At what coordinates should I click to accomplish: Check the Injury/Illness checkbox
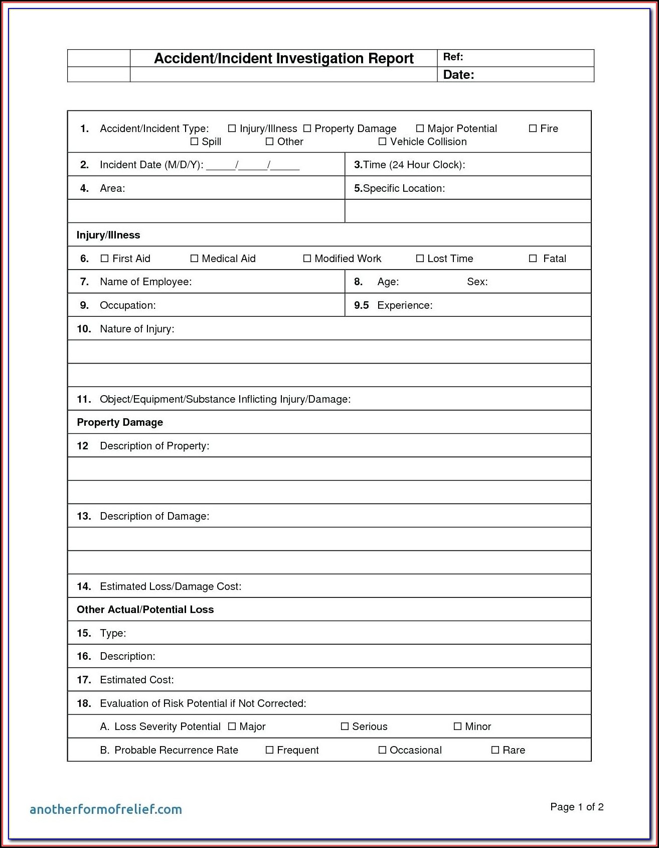[232, 129]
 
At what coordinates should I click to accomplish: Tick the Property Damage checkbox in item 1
[307, 129]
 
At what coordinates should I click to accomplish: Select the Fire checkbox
[533, 129]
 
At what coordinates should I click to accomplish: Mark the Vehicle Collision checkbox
[382, 142]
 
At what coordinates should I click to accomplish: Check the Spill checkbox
[194, 142]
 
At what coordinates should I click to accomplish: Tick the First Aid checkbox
[104, 259]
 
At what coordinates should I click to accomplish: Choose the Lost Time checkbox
[420, 259]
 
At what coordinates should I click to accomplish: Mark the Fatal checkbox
[533, 259]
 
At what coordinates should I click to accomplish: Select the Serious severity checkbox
[345, 726]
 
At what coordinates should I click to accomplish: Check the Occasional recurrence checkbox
[382, 750]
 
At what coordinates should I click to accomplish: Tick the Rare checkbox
[495, 750]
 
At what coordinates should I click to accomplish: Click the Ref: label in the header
[453, 57]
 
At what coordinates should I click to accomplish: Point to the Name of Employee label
[145, 282]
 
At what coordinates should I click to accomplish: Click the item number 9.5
[361, 305]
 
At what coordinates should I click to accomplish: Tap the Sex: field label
[477, 282]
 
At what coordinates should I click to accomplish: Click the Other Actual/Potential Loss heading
[145, 610]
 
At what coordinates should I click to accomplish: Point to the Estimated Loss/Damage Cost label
[171, 586]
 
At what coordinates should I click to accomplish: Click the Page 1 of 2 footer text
[577, 807]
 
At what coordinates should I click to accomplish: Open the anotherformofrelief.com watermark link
[106, 809]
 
